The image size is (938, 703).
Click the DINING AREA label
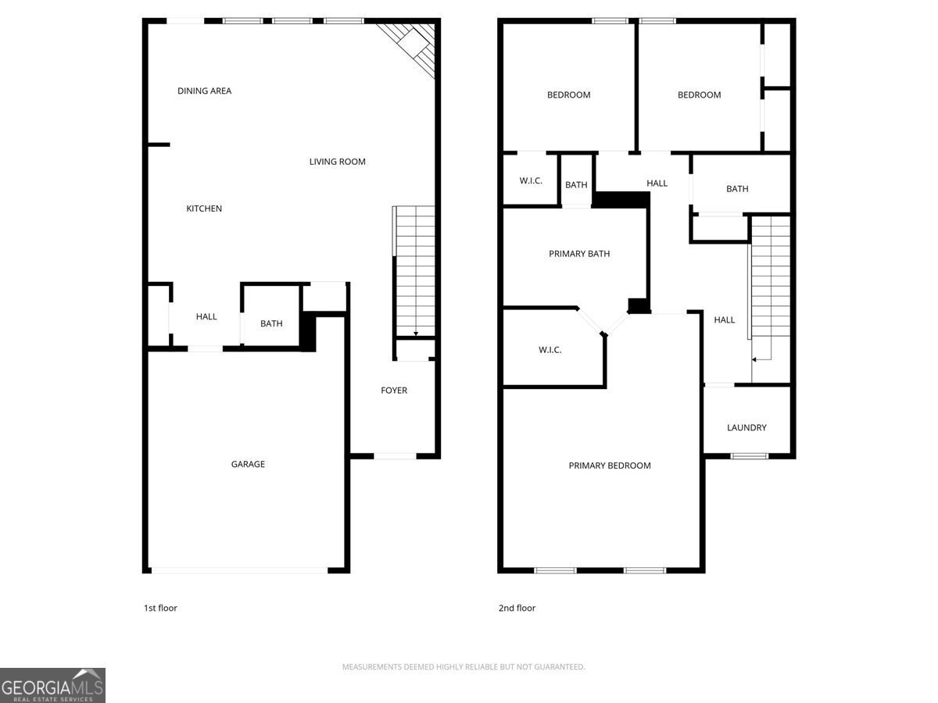click(x=204, y=91)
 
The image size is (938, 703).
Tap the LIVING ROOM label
click(x=337, y=162)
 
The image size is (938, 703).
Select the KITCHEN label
click(x=204, y=209)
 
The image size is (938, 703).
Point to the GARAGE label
click(x=248, y=464)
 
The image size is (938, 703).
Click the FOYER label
click(x=394, y=390)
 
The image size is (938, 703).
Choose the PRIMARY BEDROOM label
click(x=610, y=466)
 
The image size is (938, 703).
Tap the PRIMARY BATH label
click(x=579, y=254)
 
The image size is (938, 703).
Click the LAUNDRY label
click(x=746, y=428)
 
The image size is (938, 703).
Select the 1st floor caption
click(x=160, y=608)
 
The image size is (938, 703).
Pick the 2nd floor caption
click(x=517, y=608)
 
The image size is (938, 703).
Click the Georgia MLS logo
click(x=52, y=686)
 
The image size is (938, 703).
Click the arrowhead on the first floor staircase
click(x=416, y=334)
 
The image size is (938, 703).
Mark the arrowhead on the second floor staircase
click(x=754, y=360)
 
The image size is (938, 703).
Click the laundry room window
click(x=749, y=456)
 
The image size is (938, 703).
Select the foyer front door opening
click(x=395, y=456)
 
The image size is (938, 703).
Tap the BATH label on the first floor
click(x=271, y=323)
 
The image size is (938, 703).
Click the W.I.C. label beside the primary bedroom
click(x=550, y=350)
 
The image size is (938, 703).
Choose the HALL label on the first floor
click(x=206, y=316)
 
